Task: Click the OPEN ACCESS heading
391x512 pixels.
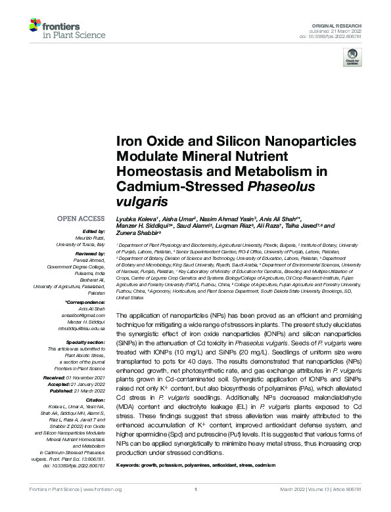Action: coord(80,218)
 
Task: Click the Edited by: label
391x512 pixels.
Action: coord(95,231)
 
